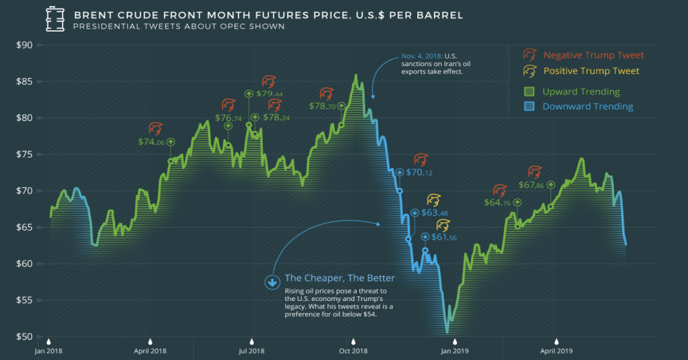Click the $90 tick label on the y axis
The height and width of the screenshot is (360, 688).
(24, 45)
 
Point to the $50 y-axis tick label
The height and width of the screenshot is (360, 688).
(24, 336)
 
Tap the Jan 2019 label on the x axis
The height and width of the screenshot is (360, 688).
(454, 350)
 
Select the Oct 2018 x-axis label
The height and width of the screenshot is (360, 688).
(353, 350)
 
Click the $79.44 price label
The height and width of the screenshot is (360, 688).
(269, 94)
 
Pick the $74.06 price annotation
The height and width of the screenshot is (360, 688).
(150, 142)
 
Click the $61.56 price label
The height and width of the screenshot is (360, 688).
(443, 237)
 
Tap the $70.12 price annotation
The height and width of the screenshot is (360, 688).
(419, 173)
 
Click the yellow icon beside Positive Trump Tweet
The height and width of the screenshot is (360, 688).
(529, 71)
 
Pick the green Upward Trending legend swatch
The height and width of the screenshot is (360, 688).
(529, 91)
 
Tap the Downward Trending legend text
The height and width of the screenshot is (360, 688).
(588, 106)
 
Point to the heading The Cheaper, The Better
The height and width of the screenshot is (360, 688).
(339, 279)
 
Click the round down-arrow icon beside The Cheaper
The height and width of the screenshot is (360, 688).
(272, 282)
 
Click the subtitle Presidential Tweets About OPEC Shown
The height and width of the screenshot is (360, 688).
(179, 27)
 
